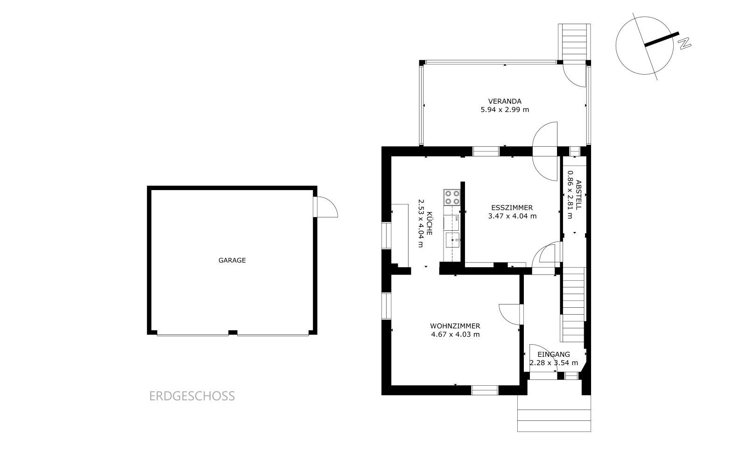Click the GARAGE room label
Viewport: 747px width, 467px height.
232,260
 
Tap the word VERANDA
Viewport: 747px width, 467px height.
505,101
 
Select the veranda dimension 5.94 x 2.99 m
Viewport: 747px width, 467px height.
505,110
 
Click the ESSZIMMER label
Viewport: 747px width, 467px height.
512,207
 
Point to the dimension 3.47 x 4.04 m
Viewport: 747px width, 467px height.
512,216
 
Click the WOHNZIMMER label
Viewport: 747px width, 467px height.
455,326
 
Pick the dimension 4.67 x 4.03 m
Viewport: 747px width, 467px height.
455,334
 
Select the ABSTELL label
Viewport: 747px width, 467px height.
578,195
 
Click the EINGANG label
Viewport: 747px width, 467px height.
554,354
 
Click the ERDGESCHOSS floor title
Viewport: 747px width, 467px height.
192,396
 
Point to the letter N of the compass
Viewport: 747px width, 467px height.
684,44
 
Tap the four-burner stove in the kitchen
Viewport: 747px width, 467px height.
452,197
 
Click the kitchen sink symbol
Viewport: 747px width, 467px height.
453,240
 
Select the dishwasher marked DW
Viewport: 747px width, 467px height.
451,223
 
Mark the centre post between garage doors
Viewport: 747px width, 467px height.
233,332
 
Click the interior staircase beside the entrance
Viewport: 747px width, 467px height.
574,304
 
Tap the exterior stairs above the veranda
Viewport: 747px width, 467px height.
574,42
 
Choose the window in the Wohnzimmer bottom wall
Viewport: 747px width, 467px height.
485,390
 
